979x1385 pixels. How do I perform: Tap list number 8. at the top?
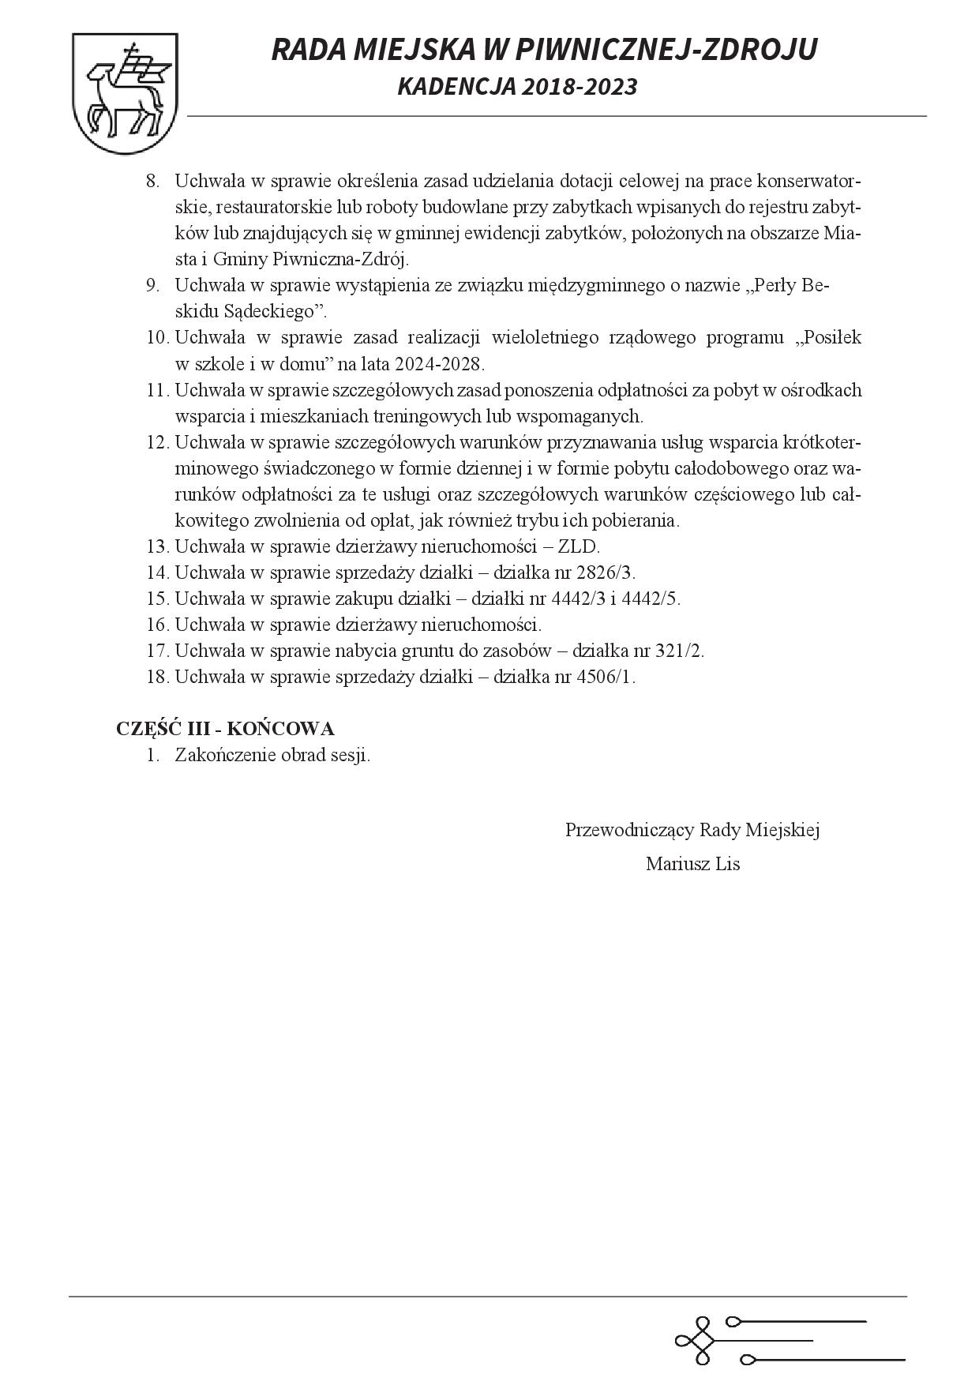point(153,182)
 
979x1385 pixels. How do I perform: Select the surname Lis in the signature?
point(726,864)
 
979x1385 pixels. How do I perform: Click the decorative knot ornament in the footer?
point(695,1341)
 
